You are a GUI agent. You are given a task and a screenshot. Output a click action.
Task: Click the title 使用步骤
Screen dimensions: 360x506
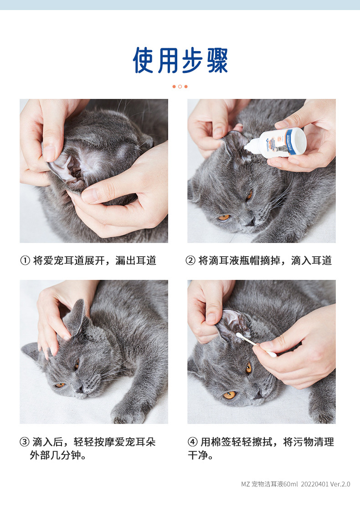coord(180,60)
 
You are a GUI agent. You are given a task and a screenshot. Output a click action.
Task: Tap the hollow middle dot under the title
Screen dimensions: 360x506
coord(180,87)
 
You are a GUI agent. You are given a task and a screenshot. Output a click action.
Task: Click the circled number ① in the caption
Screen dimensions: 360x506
coord(25,260)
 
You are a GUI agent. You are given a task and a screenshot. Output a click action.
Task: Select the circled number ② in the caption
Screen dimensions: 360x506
coord(190,260)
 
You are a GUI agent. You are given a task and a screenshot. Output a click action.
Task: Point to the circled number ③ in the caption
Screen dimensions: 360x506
coord(25,442)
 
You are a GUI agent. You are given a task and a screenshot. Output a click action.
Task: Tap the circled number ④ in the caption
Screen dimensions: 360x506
coord(193,442)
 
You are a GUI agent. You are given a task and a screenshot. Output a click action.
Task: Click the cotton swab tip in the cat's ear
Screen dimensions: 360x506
coord(239,336)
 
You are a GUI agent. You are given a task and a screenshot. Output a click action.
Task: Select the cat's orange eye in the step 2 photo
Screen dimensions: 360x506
coord(223,217)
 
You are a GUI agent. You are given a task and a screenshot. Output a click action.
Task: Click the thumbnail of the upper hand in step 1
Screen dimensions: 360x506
coord(49,154)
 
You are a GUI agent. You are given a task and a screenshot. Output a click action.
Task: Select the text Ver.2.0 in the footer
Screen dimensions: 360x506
coord(340,484)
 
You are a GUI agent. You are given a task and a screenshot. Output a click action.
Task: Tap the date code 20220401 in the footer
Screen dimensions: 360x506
coord(314,484)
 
